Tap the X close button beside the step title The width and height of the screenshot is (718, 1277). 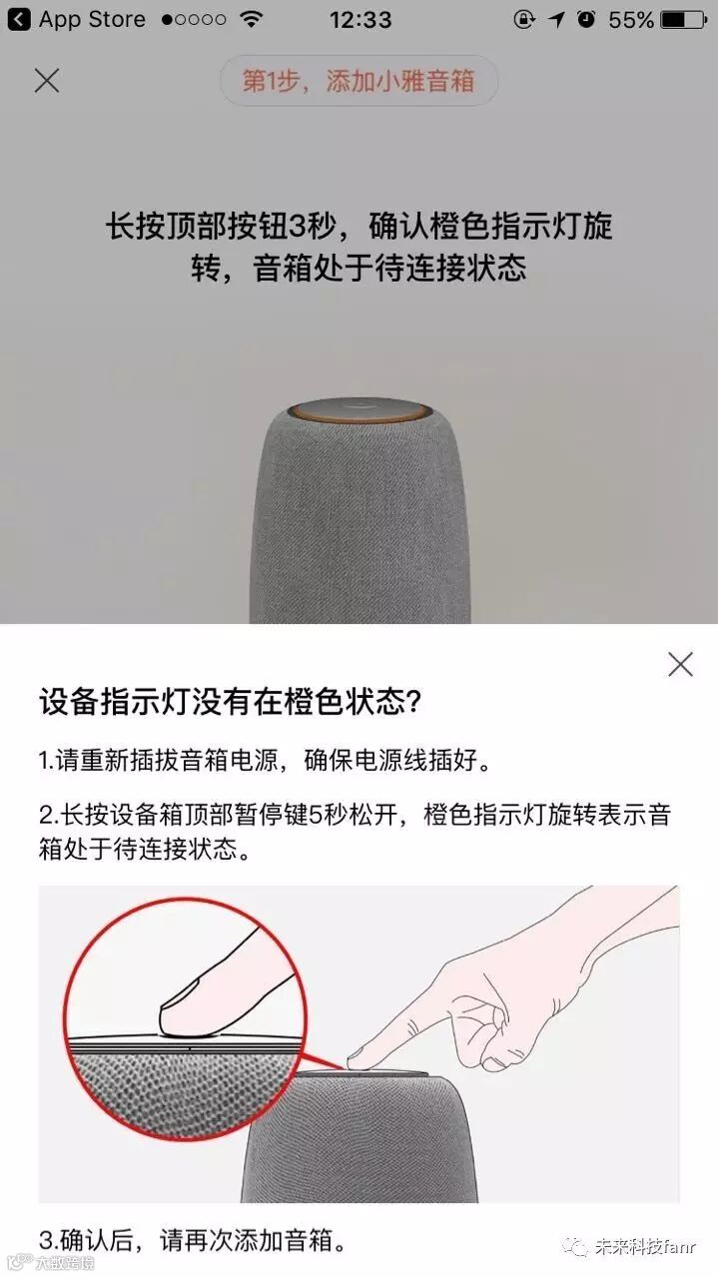point(47,81)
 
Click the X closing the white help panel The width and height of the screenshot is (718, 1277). point(680,664)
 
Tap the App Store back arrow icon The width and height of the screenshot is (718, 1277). point(19,19)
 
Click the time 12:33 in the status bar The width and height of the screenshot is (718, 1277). point(360,20)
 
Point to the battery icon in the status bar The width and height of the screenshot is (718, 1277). point(684,20)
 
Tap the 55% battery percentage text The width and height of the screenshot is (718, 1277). point(631,20)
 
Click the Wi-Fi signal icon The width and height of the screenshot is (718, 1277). point(251,19)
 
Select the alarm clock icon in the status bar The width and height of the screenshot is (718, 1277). point(586,19)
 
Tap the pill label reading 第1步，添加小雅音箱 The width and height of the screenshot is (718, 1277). point(359,81)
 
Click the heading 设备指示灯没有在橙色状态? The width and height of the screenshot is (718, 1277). point(230,701)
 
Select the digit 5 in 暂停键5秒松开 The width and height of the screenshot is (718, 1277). point(316,815)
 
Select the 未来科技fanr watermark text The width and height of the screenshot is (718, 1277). point(645,1247)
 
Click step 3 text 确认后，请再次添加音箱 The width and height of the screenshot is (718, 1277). point(193,1240)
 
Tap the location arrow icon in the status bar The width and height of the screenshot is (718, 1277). point(556,20)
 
